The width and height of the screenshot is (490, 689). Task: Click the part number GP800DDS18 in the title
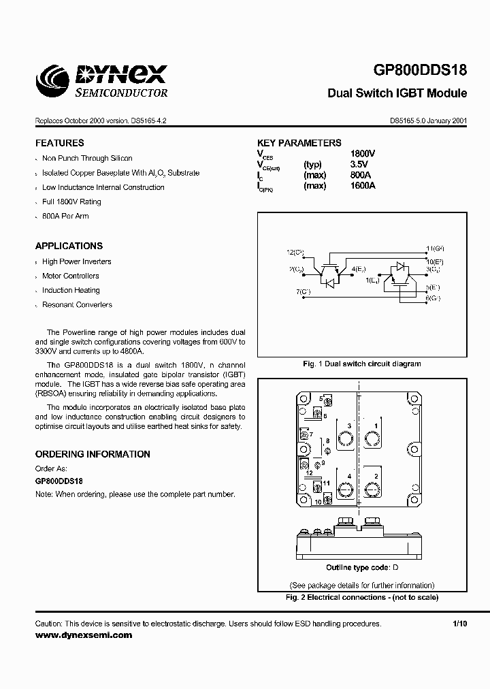tap(420, 71)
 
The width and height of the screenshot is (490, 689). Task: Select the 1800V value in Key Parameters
tap(363, 154)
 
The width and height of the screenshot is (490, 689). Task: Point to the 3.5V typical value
tap(359, 164)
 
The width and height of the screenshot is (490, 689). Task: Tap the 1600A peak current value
tap(362, 185)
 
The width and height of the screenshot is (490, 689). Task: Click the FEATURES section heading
tap(60, 143)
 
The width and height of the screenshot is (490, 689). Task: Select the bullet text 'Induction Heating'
tap(71, 290)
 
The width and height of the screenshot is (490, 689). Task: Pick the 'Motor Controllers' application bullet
tap(70, 276)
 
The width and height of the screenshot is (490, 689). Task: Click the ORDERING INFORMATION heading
tap(93, 454)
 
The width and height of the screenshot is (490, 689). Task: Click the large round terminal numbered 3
tap(346, 440)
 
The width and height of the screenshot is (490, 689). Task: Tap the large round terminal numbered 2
tap(372, 488)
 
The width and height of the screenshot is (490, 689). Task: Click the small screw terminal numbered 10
tap(329, 502)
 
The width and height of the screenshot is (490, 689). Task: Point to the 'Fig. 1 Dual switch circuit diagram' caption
tap(361, 364)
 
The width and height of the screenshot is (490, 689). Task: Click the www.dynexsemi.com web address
tap(83, 635)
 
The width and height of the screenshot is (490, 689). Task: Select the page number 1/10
tap(460, 624)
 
